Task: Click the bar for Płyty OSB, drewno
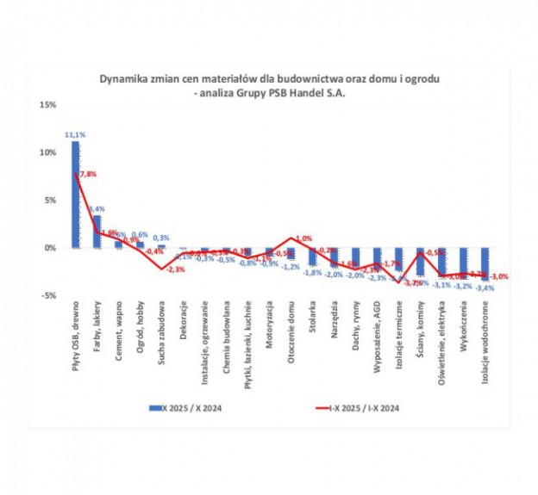pos(75,195)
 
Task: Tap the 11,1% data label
pos(74,135)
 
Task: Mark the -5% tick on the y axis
pos(47,295)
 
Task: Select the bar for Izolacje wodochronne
pos(486,263)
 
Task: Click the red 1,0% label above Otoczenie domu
pos(303,238)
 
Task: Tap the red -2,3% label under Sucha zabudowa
pos(176,270)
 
